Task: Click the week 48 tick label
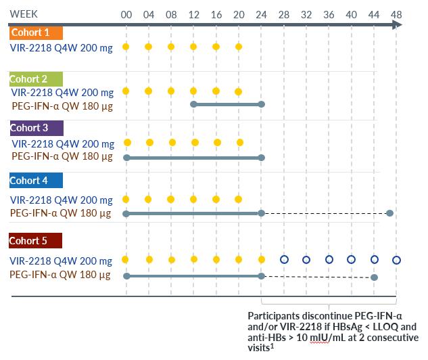tap(396, 15)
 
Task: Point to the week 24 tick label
tap(261, 15)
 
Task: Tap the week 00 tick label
tap(126, 15)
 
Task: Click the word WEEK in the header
tap(24, 14)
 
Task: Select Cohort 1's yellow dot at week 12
tap(193, 47)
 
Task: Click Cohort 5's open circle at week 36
tap(329, 260)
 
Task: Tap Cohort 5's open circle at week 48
tap(397, 260)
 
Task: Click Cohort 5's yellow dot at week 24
tap(262, 260)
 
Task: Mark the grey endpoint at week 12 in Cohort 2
tap(193, 104)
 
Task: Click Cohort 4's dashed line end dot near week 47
tap(389, 213)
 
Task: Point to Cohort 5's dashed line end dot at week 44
tap(375, 277)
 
